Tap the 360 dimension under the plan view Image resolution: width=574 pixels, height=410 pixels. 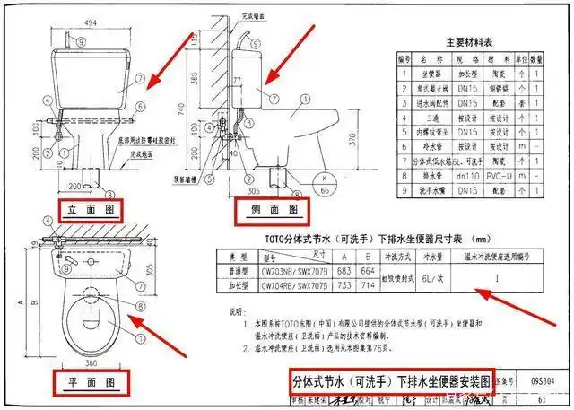(91, 363)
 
